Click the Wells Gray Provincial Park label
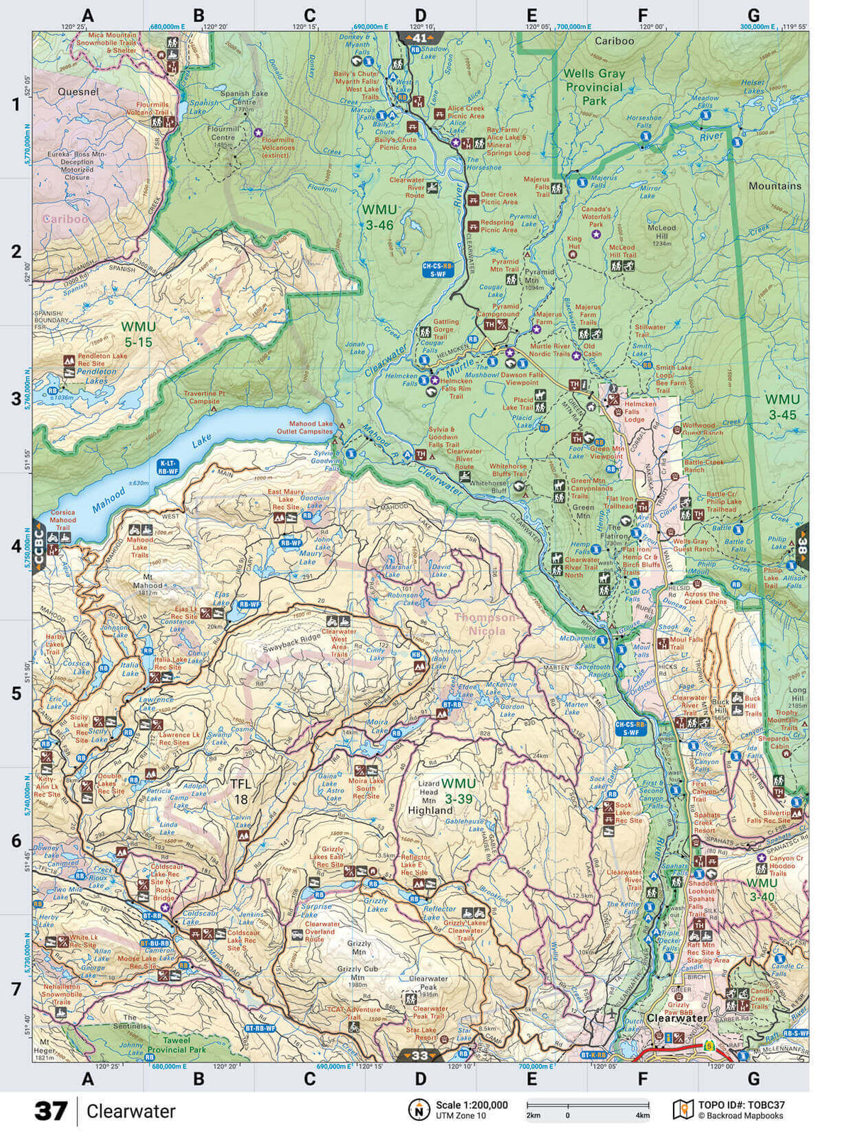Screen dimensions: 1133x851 [x=594, y=87]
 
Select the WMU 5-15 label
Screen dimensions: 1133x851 [x=137, y=334]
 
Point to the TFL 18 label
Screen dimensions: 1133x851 [x=240, y=791]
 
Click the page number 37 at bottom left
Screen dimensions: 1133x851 [x=51, y=1110]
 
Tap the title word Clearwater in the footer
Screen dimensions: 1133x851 [x=130, y=1111]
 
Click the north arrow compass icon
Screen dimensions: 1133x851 [x=419, y=1109]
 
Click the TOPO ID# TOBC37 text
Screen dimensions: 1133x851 [x=741, y=1105]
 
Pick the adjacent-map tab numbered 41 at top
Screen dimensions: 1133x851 [x=420, y=38]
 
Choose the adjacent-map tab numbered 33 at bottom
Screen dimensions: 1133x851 [x=420, y=1055]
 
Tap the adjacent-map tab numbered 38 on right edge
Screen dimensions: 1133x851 [x=802, y=546]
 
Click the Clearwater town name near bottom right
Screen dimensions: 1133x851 [x=677, y=1018]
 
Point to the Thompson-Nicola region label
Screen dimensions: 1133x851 [x=491, y=624]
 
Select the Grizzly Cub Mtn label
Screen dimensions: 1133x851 [x=357, y=973]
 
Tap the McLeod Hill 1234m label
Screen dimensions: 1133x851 [x=661, y=235]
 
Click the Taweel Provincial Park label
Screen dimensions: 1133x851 [x=176, y=1045]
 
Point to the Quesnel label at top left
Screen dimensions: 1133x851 [x=78, y=91]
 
